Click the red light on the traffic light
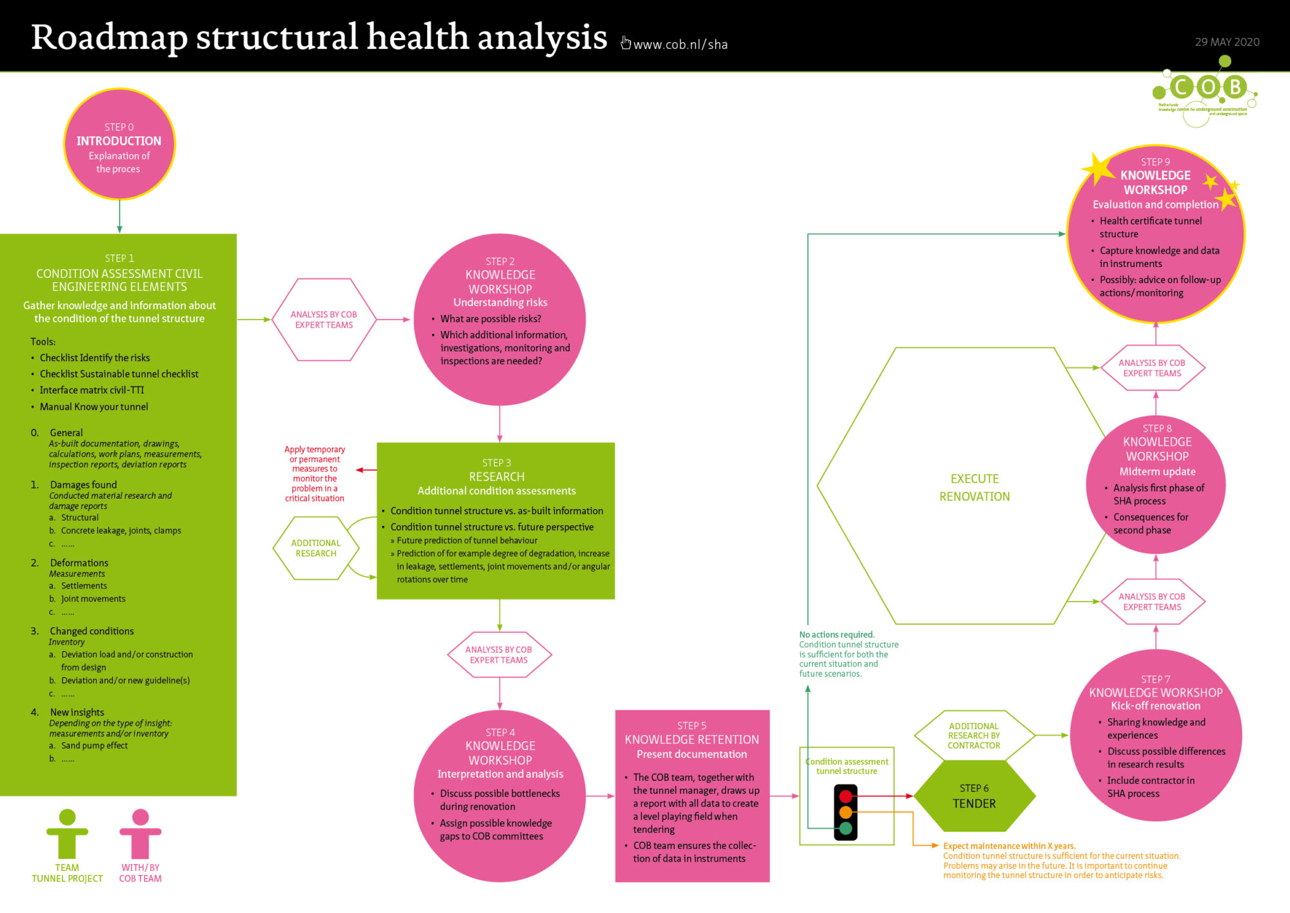(x=846, y=796)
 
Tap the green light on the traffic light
(x=846, y=828)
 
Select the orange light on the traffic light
(x=846, y=812)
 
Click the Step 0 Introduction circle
(x=119, y=144)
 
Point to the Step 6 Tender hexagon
(x=975, y=796)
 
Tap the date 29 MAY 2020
(x=1227, y=42)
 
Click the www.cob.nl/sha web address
(x=680, y=45)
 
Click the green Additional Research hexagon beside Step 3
(x=316, y=548)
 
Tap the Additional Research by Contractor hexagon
(x=974, y=736)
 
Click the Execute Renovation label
(x=975, y=487)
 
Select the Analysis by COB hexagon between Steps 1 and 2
(x=324, y=319)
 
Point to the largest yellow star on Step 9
(x=1098, y=170)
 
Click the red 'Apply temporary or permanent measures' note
(x=315, y=474)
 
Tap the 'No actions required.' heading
(x=837, y=634)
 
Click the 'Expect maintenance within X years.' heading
(x=1009, y=846)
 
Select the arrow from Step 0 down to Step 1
(x=119, y=216)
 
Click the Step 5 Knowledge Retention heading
(x=691, y=739)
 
